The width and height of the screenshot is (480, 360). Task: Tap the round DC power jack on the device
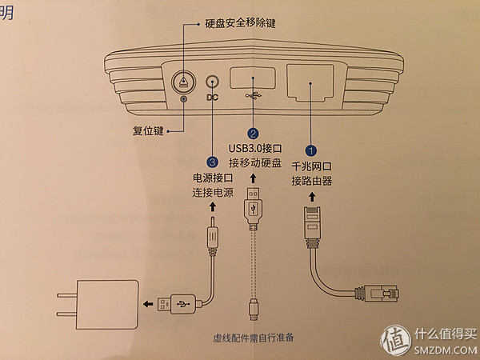click(212, 82)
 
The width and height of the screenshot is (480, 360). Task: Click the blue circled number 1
click(313, 149)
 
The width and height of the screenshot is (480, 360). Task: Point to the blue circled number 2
click(254, 134)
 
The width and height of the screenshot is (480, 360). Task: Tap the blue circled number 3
click(212, 161)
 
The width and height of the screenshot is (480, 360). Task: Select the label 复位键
click(149, 130)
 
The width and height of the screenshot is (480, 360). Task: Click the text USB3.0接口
click(254, 150)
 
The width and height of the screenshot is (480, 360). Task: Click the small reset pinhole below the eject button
click(185, 100)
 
